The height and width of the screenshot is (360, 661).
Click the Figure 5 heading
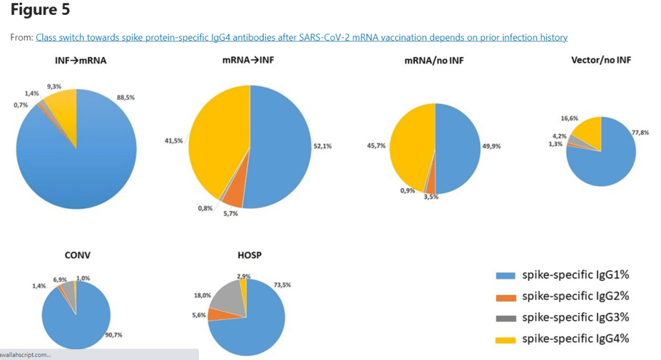[x=40, y=11]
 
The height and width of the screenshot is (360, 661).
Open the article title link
[x=301, y=37]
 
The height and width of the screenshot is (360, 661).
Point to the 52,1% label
[x=322, y=146]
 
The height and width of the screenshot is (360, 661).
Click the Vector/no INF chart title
[x=601, y=60]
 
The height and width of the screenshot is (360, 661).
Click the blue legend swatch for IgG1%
[x=505, y=276]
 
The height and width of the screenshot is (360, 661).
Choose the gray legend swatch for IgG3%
[x=505, y=317]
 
